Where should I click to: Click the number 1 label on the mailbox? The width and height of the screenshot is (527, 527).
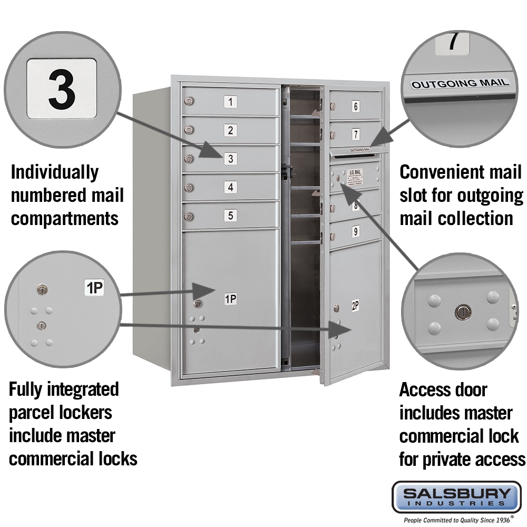point(230,102)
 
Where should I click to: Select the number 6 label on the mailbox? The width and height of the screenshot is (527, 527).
point(356,106)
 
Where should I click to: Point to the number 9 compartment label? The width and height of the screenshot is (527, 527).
point(356,230)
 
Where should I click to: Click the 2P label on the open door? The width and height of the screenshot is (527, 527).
point(355,305)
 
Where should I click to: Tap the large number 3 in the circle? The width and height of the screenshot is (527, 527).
point(62,88)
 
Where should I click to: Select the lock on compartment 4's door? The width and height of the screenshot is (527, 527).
point(189,187)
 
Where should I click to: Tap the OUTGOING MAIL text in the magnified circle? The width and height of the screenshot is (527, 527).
point(460,83)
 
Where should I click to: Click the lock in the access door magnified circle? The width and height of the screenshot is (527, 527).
point(462,311)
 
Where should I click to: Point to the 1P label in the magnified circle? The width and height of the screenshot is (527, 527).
point(95,287)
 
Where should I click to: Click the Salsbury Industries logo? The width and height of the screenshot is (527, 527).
point(456,497)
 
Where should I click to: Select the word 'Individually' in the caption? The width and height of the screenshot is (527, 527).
point(55,172)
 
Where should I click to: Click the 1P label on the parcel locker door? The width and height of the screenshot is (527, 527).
point(230,299)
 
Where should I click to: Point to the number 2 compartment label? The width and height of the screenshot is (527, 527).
point(230,130)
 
